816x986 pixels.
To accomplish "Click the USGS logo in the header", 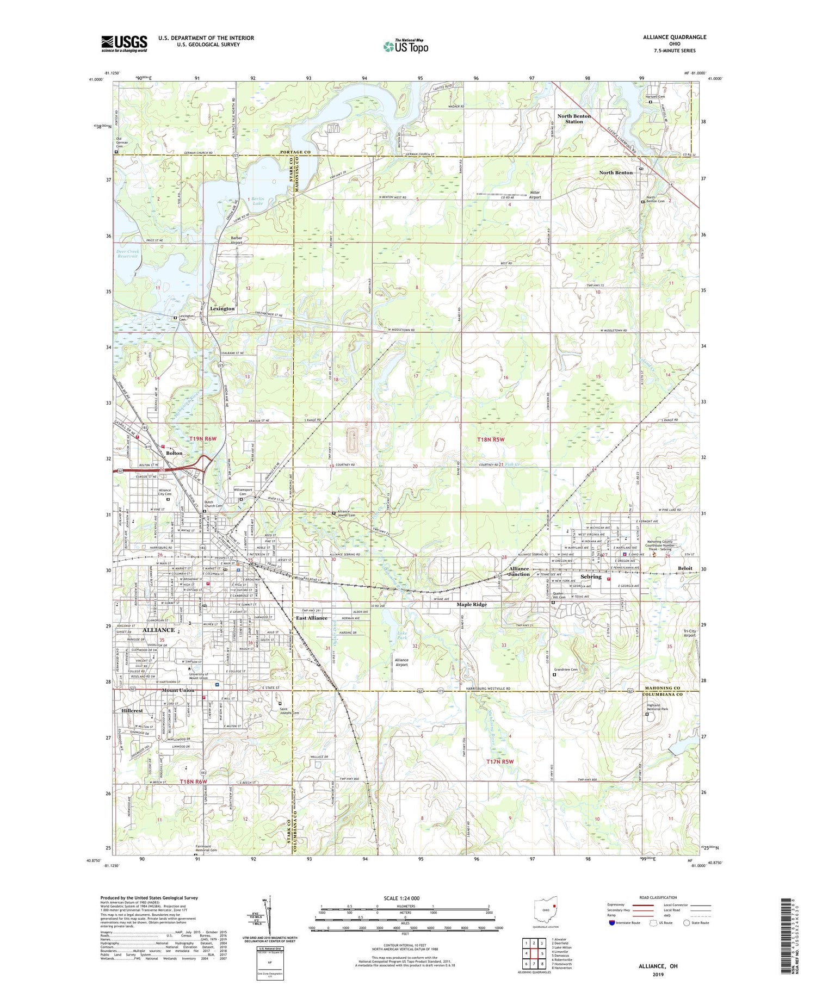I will coord(124,44).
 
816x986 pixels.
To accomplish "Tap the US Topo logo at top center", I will coord(405,46).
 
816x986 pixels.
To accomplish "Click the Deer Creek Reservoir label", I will coord(128,254).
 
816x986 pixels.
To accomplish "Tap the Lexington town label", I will coord(222,308).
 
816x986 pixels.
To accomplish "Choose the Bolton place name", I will coord(174,453).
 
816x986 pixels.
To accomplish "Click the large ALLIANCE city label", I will coord(158,630).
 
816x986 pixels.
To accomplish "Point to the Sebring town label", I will coord(591,576).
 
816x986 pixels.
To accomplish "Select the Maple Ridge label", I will coord(472,604).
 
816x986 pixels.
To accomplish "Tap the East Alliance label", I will coord(312,618).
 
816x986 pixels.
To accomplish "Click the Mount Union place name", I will coord(178,690).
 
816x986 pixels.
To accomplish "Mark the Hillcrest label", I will coord(132,711).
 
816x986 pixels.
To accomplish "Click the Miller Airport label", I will coord(535,195).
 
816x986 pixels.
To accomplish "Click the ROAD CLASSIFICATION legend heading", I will coord(658,897).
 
